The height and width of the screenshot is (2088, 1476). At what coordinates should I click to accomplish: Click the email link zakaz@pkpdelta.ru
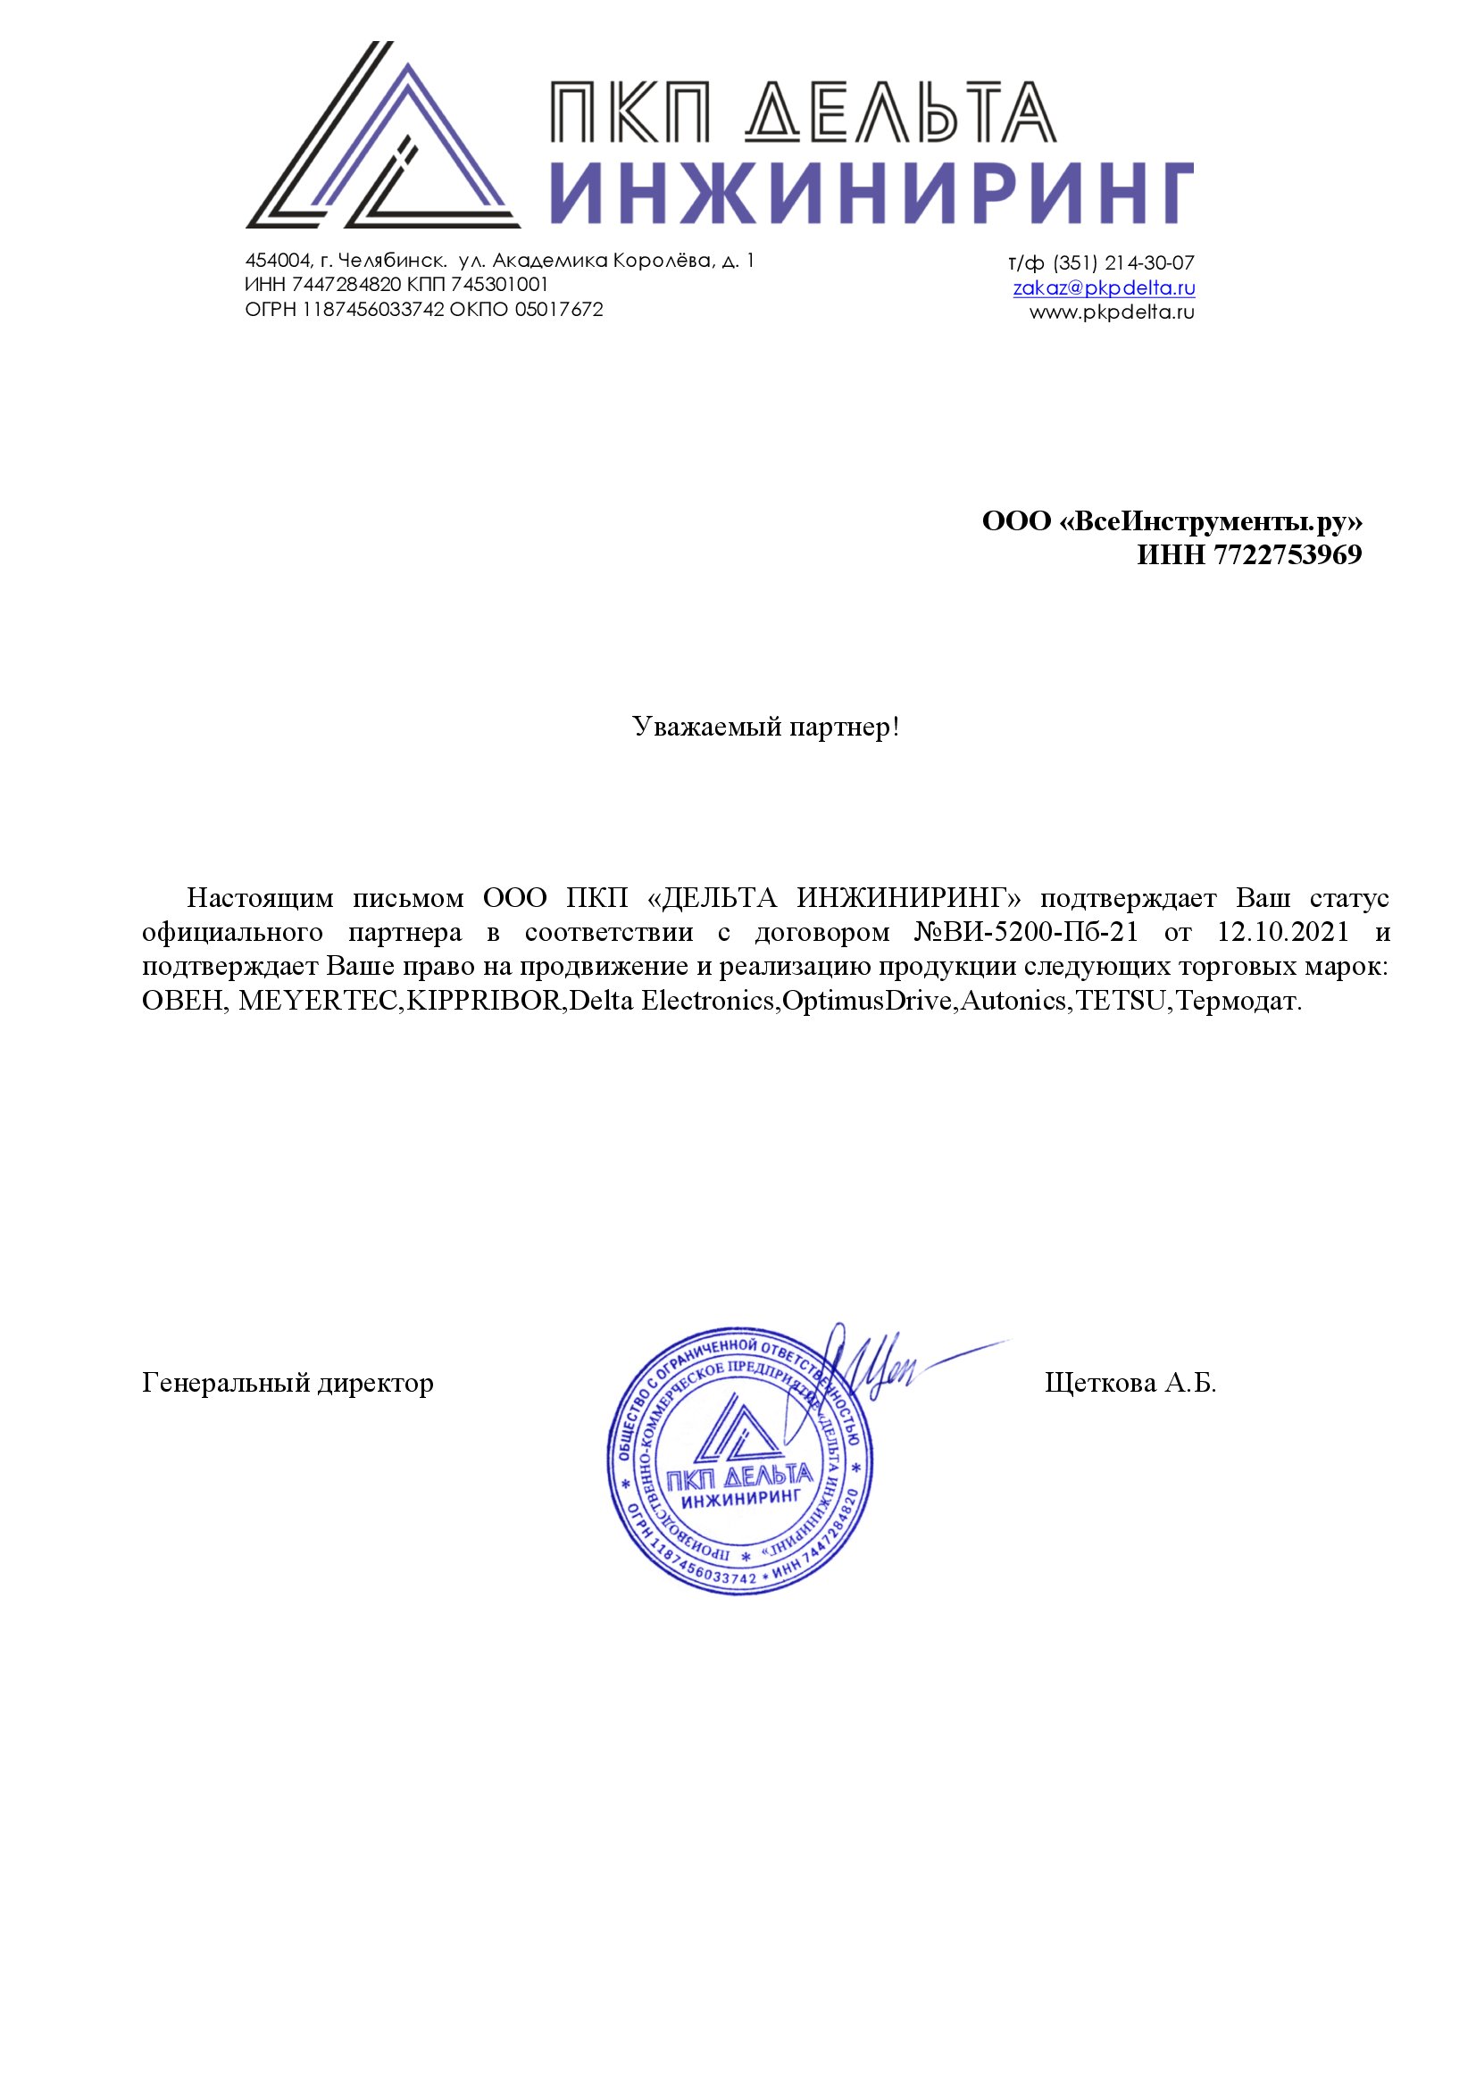point(1103,288)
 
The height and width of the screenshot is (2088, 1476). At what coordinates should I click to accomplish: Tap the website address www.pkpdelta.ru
point(1112,312)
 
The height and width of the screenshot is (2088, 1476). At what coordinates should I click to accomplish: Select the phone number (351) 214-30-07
point(1123,263)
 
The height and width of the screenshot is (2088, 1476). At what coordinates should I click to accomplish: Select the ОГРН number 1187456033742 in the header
point(373,310)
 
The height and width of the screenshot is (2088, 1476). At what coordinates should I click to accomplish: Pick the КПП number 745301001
point(499,286)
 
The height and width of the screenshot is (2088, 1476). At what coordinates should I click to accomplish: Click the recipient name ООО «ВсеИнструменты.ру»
point(1172,522)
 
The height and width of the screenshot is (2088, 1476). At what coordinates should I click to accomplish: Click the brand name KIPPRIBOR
point(487,1002)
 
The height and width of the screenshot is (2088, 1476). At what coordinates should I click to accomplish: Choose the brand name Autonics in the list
point(1017,1002)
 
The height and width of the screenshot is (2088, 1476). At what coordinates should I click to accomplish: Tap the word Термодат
point(1238,1002)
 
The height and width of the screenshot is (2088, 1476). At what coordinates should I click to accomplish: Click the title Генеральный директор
point(288,1383)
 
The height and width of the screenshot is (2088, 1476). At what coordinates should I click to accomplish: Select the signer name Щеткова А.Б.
point(1130,1383)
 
